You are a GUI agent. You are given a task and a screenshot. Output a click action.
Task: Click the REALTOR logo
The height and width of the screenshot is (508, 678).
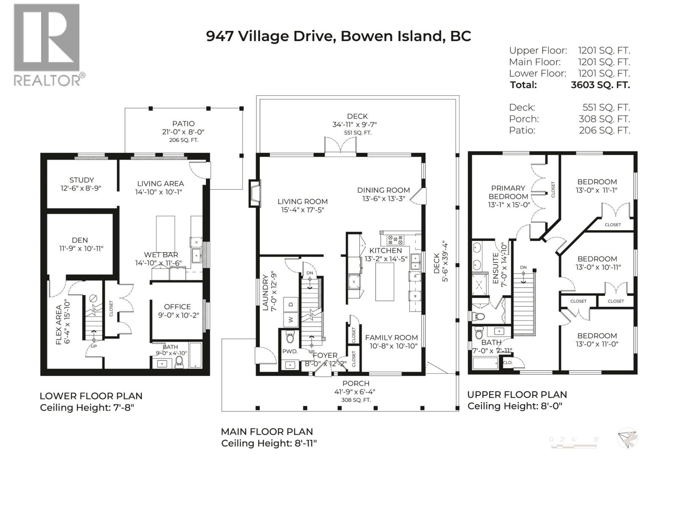pyautogui.click(x=47, y=44)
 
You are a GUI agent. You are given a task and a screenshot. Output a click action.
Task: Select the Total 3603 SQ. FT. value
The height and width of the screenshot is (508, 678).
pyautogui.click(x=600, y=85)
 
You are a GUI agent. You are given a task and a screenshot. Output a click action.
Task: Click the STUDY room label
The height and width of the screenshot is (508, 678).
pyautogui.click(x=81, y=180)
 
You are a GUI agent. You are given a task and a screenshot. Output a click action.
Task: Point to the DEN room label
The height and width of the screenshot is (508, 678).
pyautogui.click(x=80, y=240)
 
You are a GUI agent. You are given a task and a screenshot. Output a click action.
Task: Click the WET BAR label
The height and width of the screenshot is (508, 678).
pyautogui.click(x=161, y=255)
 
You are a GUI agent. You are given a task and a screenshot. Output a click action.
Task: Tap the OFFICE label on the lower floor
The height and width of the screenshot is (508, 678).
pyautogui.click(x=177, y=306)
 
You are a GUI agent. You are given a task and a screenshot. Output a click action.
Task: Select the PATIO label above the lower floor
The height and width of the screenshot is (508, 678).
pyautogui.click(x=183, y=124)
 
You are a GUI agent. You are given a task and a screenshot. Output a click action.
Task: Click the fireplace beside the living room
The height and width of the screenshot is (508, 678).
pyautogui.click(x=254, y=194)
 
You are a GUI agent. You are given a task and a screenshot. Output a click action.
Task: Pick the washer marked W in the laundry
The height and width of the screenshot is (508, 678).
pyautogui.click(x=291, y=320)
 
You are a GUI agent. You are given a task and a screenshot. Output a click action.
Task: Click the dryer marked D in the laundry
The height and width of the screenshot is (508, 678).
pyautogui.click(x=291, y=304)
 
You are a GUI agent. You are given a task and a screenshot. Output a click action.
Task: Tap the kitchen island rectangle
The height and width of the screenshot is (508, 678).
pyautogui.click(x=384, y=282)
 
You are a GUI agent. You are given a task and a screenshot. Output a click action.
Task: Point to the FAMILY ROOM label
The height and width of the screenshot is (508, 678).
pyautogui.click(x=391, y=337)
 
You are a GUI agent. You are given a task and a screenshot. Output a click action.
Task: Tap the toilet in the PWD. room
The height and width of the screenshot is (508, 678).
pyautogui.click(x=290, y=338)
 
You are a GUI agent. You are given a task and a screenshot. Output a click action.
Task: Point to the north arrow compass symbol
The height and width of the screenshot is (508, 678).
pyautogui.click(x=627, y=438)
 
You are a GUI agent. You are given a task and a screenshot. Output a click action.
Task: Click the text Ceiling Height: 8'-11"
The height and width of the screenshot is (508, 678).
pyautogui.click(x=269, y=443)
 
